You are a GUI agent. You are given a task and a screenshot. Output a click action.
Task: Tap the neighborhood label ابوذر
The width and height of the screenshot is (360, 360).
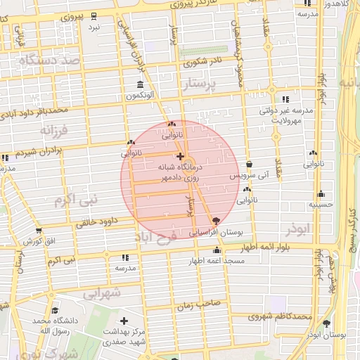(297, 230)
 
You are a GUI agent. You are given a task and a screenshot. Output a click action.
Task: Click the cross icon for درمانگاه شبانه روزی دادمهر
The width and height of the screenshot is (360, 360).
(180, 156)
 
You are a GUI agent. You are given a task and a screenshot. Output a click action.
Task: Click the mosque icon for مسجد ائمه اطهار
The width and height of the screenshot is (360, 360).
(217, 250)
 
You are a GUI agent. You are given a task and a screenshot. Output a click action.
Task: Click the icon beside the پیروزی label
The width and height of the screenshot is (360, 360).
(94, 15)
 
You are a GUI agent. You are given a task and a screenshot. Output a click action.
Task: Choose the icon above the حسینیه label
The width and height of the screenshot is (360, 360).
(321, 193)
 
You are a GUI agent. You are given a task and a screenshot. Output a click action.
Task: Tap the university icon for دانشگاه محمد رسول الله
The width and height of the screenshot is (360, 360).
(54, 311)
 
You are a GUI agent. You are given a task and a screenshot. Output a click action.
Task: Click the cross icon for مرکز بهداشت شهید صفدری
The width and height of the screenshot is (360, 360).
(124, 321)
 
